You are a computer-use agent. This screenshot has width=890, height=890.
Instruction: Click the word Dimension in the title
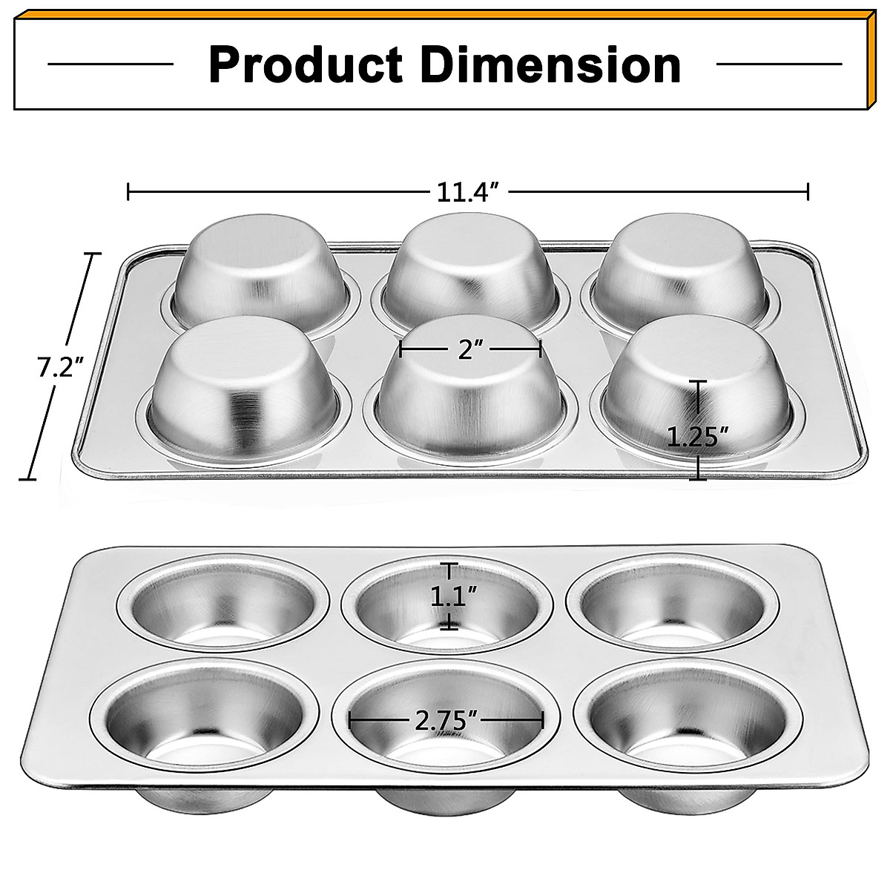pyautogui.click(x=551, y=65)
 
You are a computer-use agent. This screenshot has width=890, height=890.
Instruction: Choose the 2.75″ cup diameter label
pyautogui.click(x=446, y=720)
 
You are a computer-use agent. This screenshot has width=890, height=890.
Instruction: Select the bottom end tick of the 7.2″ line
pyautogui.click(x=28, y=479)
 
